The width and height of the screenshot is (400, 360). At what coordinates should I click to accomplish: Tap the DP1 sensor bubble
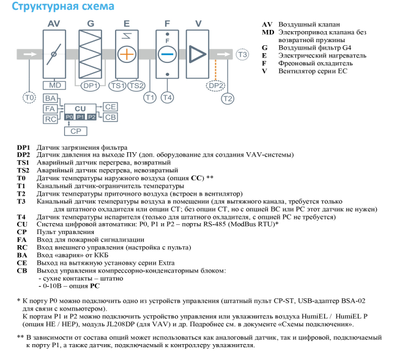(x=91, y=86)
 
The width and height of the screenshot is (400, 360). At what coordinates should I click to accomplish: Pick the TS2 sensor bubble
(x=136, y=86)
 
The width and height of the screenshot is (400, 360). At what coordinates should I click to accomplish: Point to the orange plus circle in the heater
(x=127, y=54)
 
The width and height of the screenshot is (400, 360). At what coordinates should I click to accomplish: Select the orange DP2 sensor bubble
(x=215, y=86)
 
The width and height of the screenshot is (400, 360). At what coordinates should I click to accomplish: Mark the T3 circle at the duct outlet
(x=243, y=54)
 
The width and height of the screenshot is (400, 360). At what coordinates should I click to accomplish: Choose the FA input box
(x=51, y=108)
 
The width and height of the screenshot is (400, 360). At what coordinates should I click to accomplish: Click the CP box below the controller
(x=75, y=131)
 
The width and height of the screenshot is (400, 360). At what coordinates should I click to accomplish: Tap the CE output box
(x=110, y=107)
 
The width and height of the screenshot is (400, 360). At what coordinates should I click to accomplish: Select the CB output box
(x=110, y=116)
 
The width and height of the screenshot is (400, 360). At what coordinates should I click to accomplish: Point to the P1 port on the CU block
(x=80, y=116)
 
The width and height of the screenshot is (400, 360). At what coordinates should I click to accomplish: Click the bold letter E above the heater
(x=127, y=23)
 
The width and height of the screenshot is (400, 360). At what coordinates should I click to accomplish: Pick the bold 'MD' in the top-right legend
(x=268, y=31)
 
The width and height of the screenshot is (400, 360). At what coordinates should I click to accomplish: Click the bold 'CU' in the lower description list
(x=22, y=224)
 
